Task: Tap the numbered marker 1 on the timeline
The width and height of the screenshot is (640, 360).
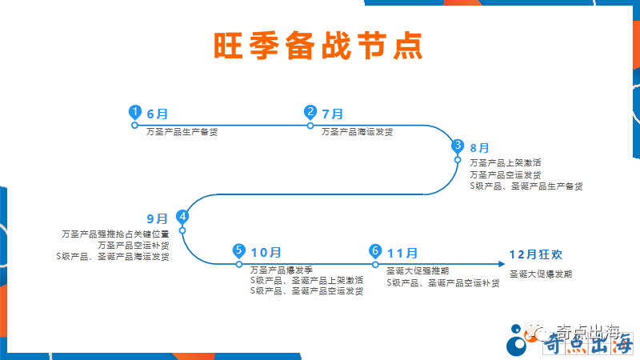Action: pyautogui.click(x=135, y=113)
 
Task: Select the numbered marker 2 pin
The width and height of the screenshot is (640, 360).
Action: pyautogui.click(x=310, y=113)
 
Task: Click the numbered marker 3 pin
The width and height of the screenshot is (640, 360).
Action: pyautogui.click(x=458, y=146)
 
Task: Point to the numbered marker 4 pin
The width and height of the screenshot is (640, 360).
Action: pyautogui.click(x=182, y=216)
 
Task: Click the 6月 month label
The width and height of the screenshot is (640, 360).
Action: pyautogui.click(x=158, y=114)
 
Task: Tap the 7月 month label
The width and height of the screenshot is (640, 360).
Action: pyautogui.click(x=332, y=114)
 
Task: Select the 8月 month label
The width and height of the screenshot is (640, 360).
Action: pyautogui.click(x=479, y=148)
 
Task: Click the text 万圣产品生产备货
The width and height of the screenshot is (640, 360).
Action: pyautogui.click(x=182, y=131)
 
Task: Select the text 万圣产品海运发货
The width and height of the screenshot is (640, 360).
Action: pyautogui.click(x=357, y=131)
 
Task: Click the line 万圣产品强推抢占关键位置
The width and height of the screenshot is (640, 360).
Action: pyautogui.click(x=115, y=234)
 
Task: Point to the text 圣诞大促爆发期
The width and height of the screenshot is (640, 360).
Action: pyautogui.click(x=541, y=274)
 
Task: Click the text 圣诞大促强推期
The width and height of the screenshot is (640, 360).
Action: pyautogui.click(x=417, y=270)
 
